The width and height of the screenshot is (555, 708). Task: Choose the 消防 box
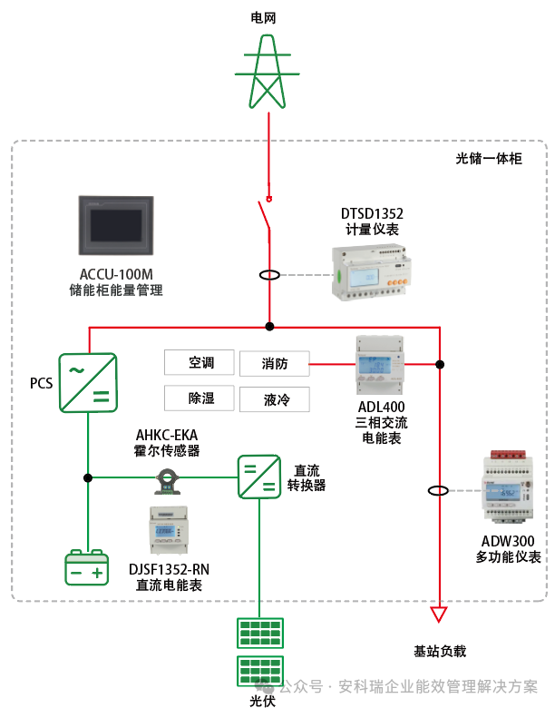[x=274, y=364]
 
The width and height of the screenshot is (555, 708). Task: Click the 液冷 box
[x=274, y=399]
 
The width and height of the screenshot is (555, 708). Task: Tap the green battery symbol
[x=87, y=569]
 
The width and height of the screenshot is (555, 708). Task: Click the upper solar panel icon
[x=258, y=633]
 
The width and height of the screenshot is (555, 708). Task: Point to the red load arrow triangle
[x=439, y=615]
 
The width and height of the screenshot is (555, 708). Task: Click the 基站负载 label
[x=439, y=651]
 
